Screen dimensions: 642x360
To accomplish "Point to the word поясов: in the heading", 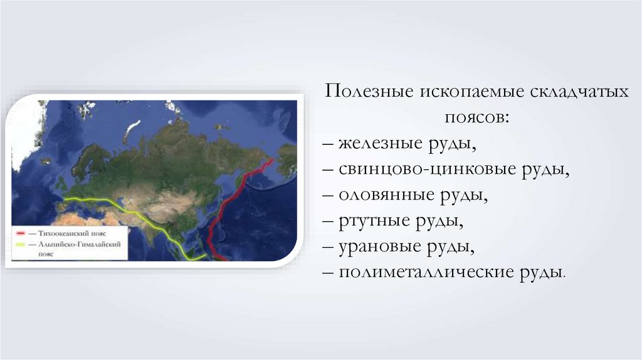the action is click(477, 117).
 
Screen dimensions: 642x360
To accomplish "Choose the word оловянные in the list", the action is click(386, 195).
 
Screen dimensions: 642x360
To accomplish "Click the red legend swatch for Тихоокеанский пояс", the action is click(21, 233).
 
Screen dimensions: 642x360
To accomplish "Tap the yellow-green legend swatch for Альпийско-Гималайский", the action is click(21, 245).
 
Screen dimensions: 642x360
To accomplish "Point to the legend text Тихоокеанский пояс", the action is click(73, 233).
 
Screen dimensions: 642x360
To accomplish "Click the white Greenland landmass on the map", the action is click(25, 131).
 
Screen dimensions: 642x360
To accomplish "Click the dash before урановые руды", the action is click(328, 247).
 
